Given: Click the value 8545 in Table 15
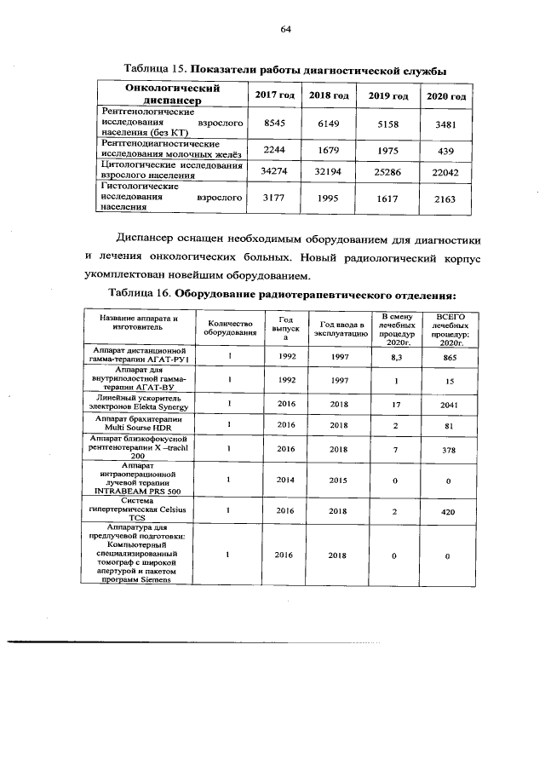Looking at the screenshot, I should [x=273, y=124].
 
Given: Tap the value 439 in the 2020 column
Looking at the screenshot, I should [x=445, y=150].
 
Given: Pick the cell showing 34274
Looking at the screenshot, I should [x=273, y=172].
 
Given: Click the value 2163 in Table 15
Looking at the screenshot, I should [x=445, y=199].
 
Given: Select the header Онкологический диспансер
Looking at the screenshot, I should [x=173, y=95].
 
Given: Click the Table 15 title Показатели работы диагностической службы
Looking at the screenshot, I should [x=317, y=68].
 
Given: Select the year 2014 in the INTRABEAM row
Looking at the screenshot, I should [x=286, y=480].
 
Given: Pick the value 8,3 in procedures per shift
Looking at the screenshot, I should [x=396, y=359].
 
